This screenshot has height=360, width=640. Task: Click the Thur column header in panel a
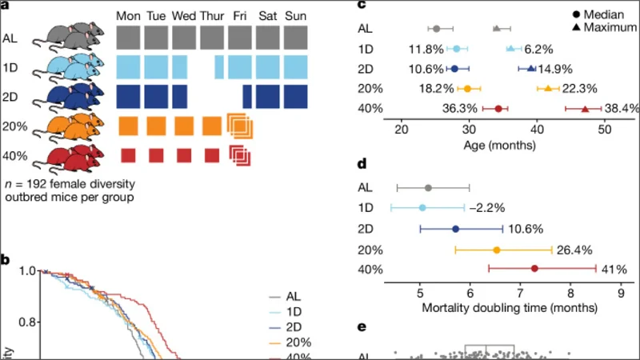(212, 16)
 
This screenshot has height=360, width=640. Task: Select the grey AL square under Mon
(129, 38)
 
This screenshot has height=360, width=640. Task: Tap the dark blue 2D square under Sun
(295, 95)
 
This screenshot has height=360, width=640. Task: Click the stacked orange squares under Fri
(239, 126)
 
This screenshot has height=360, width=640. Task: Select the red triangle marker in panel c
(585, 108)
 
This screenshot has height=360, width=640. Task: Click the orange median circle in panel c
(468, 88)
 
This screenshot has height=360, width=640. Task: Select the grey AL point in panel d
(428, 188)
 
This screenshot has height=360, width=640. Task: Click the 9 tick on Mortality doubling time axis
(621, 291)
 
